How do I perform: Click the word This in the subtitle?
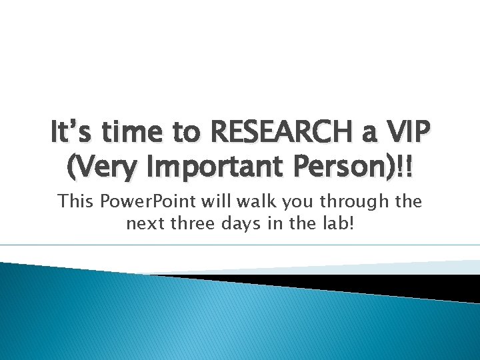tap(74, 201)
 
